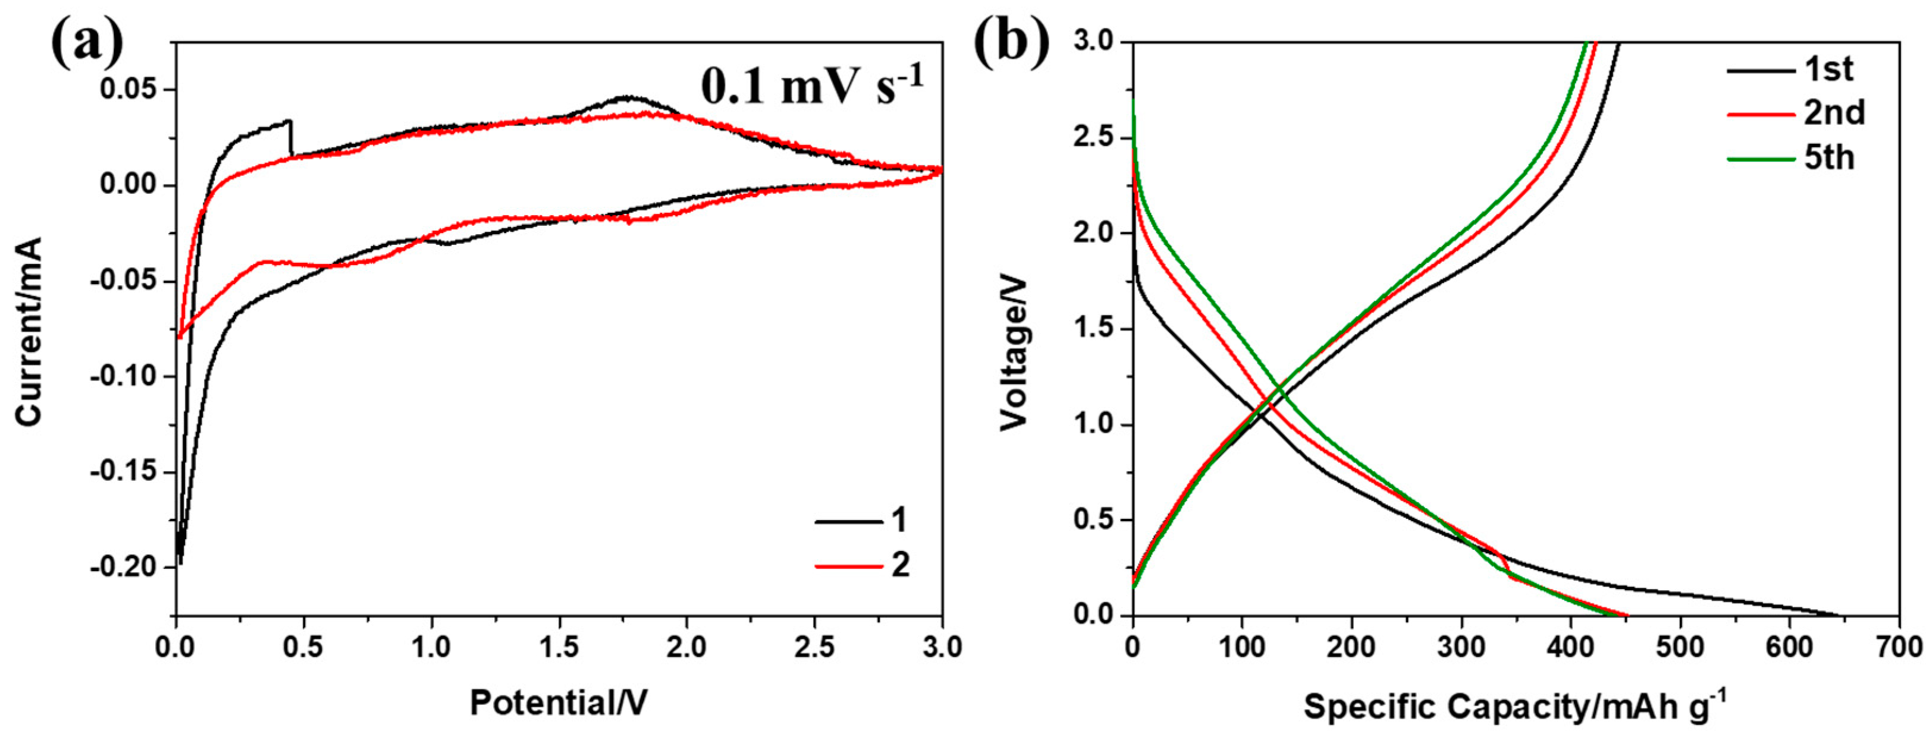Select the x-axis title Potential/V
559,703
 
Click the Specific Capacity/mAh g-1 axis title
1514,707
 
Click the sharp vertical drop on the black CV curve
291,138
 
